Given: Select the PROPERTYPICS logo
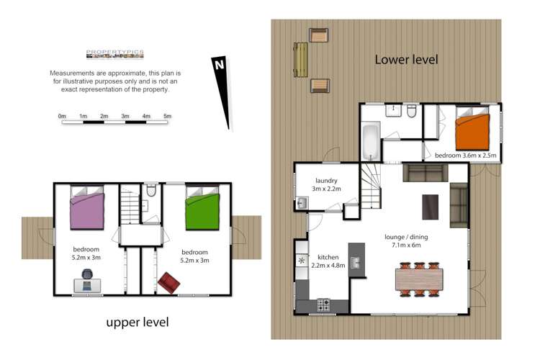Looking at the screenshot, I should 114,53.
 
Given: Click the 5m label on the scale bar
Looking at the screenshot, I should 167,115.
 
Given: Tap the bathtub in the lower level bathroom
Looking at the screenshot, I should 370,143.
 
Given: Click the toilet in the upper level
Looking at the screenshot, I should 150,192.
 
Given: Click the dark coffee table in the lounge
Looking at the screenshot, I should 430,207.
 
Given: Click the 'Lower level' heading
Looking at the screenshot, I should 406,60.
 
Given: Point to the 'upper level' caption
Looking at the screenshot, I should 138,322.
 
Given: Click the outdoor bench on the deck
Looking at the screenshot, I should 301,60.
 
